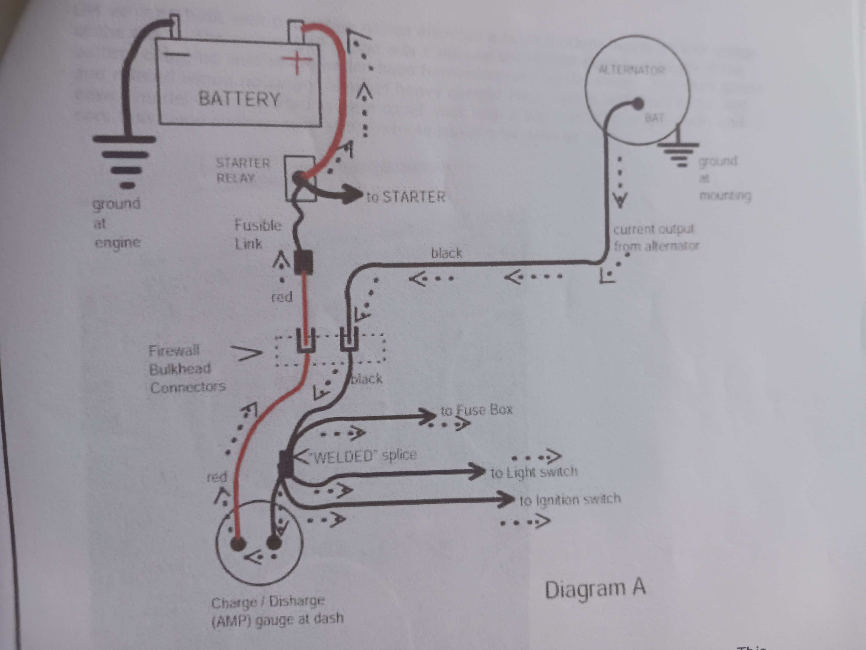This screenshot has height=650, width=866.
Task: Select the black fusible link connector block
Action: coord(303,262)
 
